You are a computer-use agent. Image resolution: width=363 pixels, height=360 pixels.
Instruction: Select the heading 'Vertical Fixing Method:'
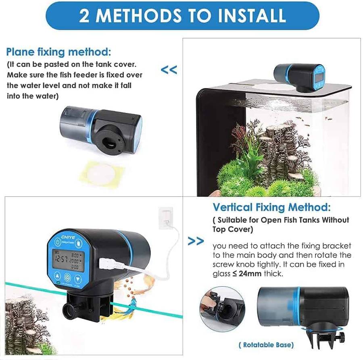tap(271, 208)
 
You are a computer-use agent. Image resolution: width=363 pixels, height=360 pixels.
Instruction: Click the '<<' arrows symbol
tap(169, 70)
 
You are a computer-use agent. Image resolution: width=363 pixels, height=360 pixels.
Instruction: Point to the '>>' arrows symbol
tap(196, 241)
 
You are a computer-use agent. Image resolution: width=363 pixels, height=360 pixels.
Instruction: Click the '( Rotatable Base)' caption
tap(266, 345)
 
